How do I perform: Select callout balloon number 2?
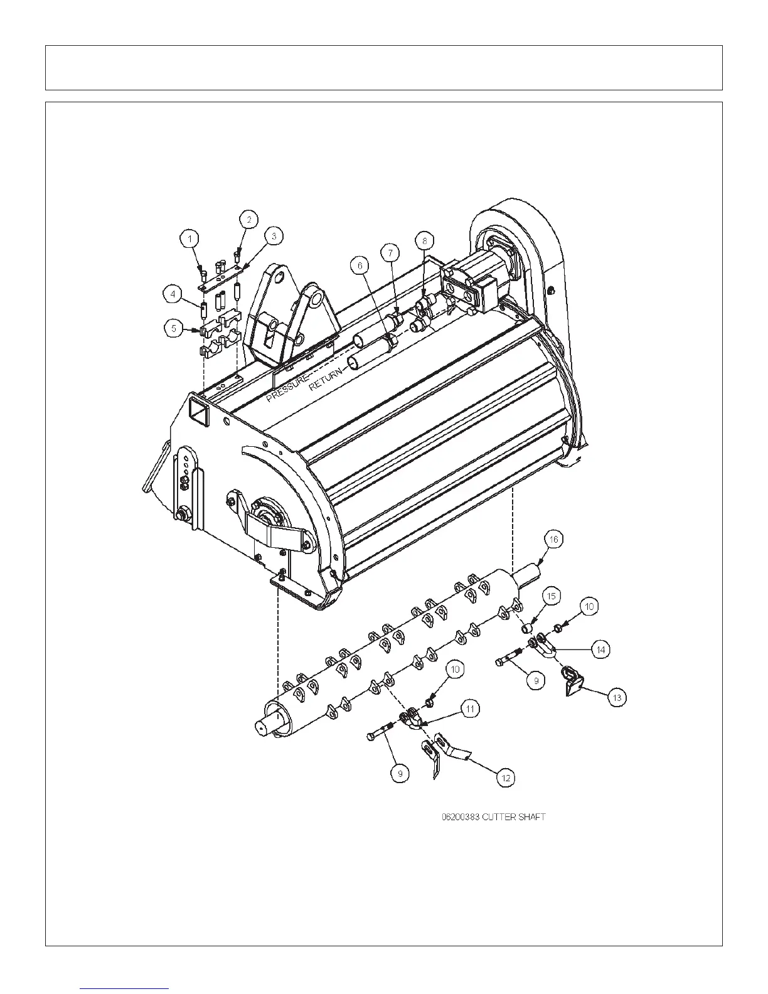click(x=249, y=219)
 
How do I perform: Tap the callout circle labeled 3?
click(x=273, y=236)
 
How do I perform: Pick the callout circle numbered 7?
click(x=390, y=252)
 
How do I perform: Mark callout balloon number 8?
click(x=424, y=240)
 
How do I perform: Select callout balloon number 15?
click(x=550, y=596)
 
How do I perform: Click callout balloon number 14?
click(x=600, y=649)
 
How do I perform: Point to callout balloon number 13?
click(x=617, y=697)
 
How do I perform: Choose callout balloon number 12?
click(x=506, y=778)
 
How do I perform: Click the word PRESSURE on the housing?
click(x=287, y=389)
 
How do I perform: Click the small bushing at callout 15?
click(x=529, y=627)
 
